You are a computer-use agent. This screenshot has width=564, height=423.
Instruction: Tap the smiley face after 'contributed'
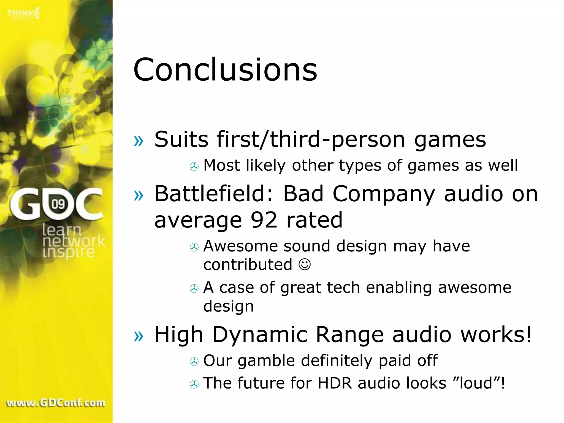click(305, 264)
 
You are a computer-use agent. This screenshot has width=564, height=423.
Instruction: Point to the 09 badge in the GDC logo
click(58, 204)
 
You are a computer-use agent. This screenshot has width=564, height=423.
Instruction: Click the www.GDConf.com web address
click(56, 403)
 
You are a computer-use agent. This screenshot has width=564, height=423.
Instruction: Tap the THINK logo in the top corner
click(23, 13)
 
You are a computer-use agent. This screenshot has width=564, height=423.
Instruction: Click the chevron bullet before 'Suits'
click(139, 141)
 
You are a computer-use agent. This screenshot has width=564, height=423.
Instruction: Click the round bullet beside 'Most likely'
click(194, 166)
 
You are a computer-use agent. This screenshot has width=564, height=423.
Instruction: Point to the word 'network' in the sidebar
click(74, 241)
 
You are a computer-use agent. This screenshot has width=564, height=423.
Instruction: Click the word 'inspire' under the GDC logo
click(69, 252)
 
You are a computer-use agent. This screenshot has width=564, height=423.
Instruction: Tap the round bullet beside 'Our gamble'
click(194, 362)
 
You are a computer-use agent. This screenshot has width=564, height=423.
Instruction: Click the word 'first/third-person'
click(311, 140)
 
